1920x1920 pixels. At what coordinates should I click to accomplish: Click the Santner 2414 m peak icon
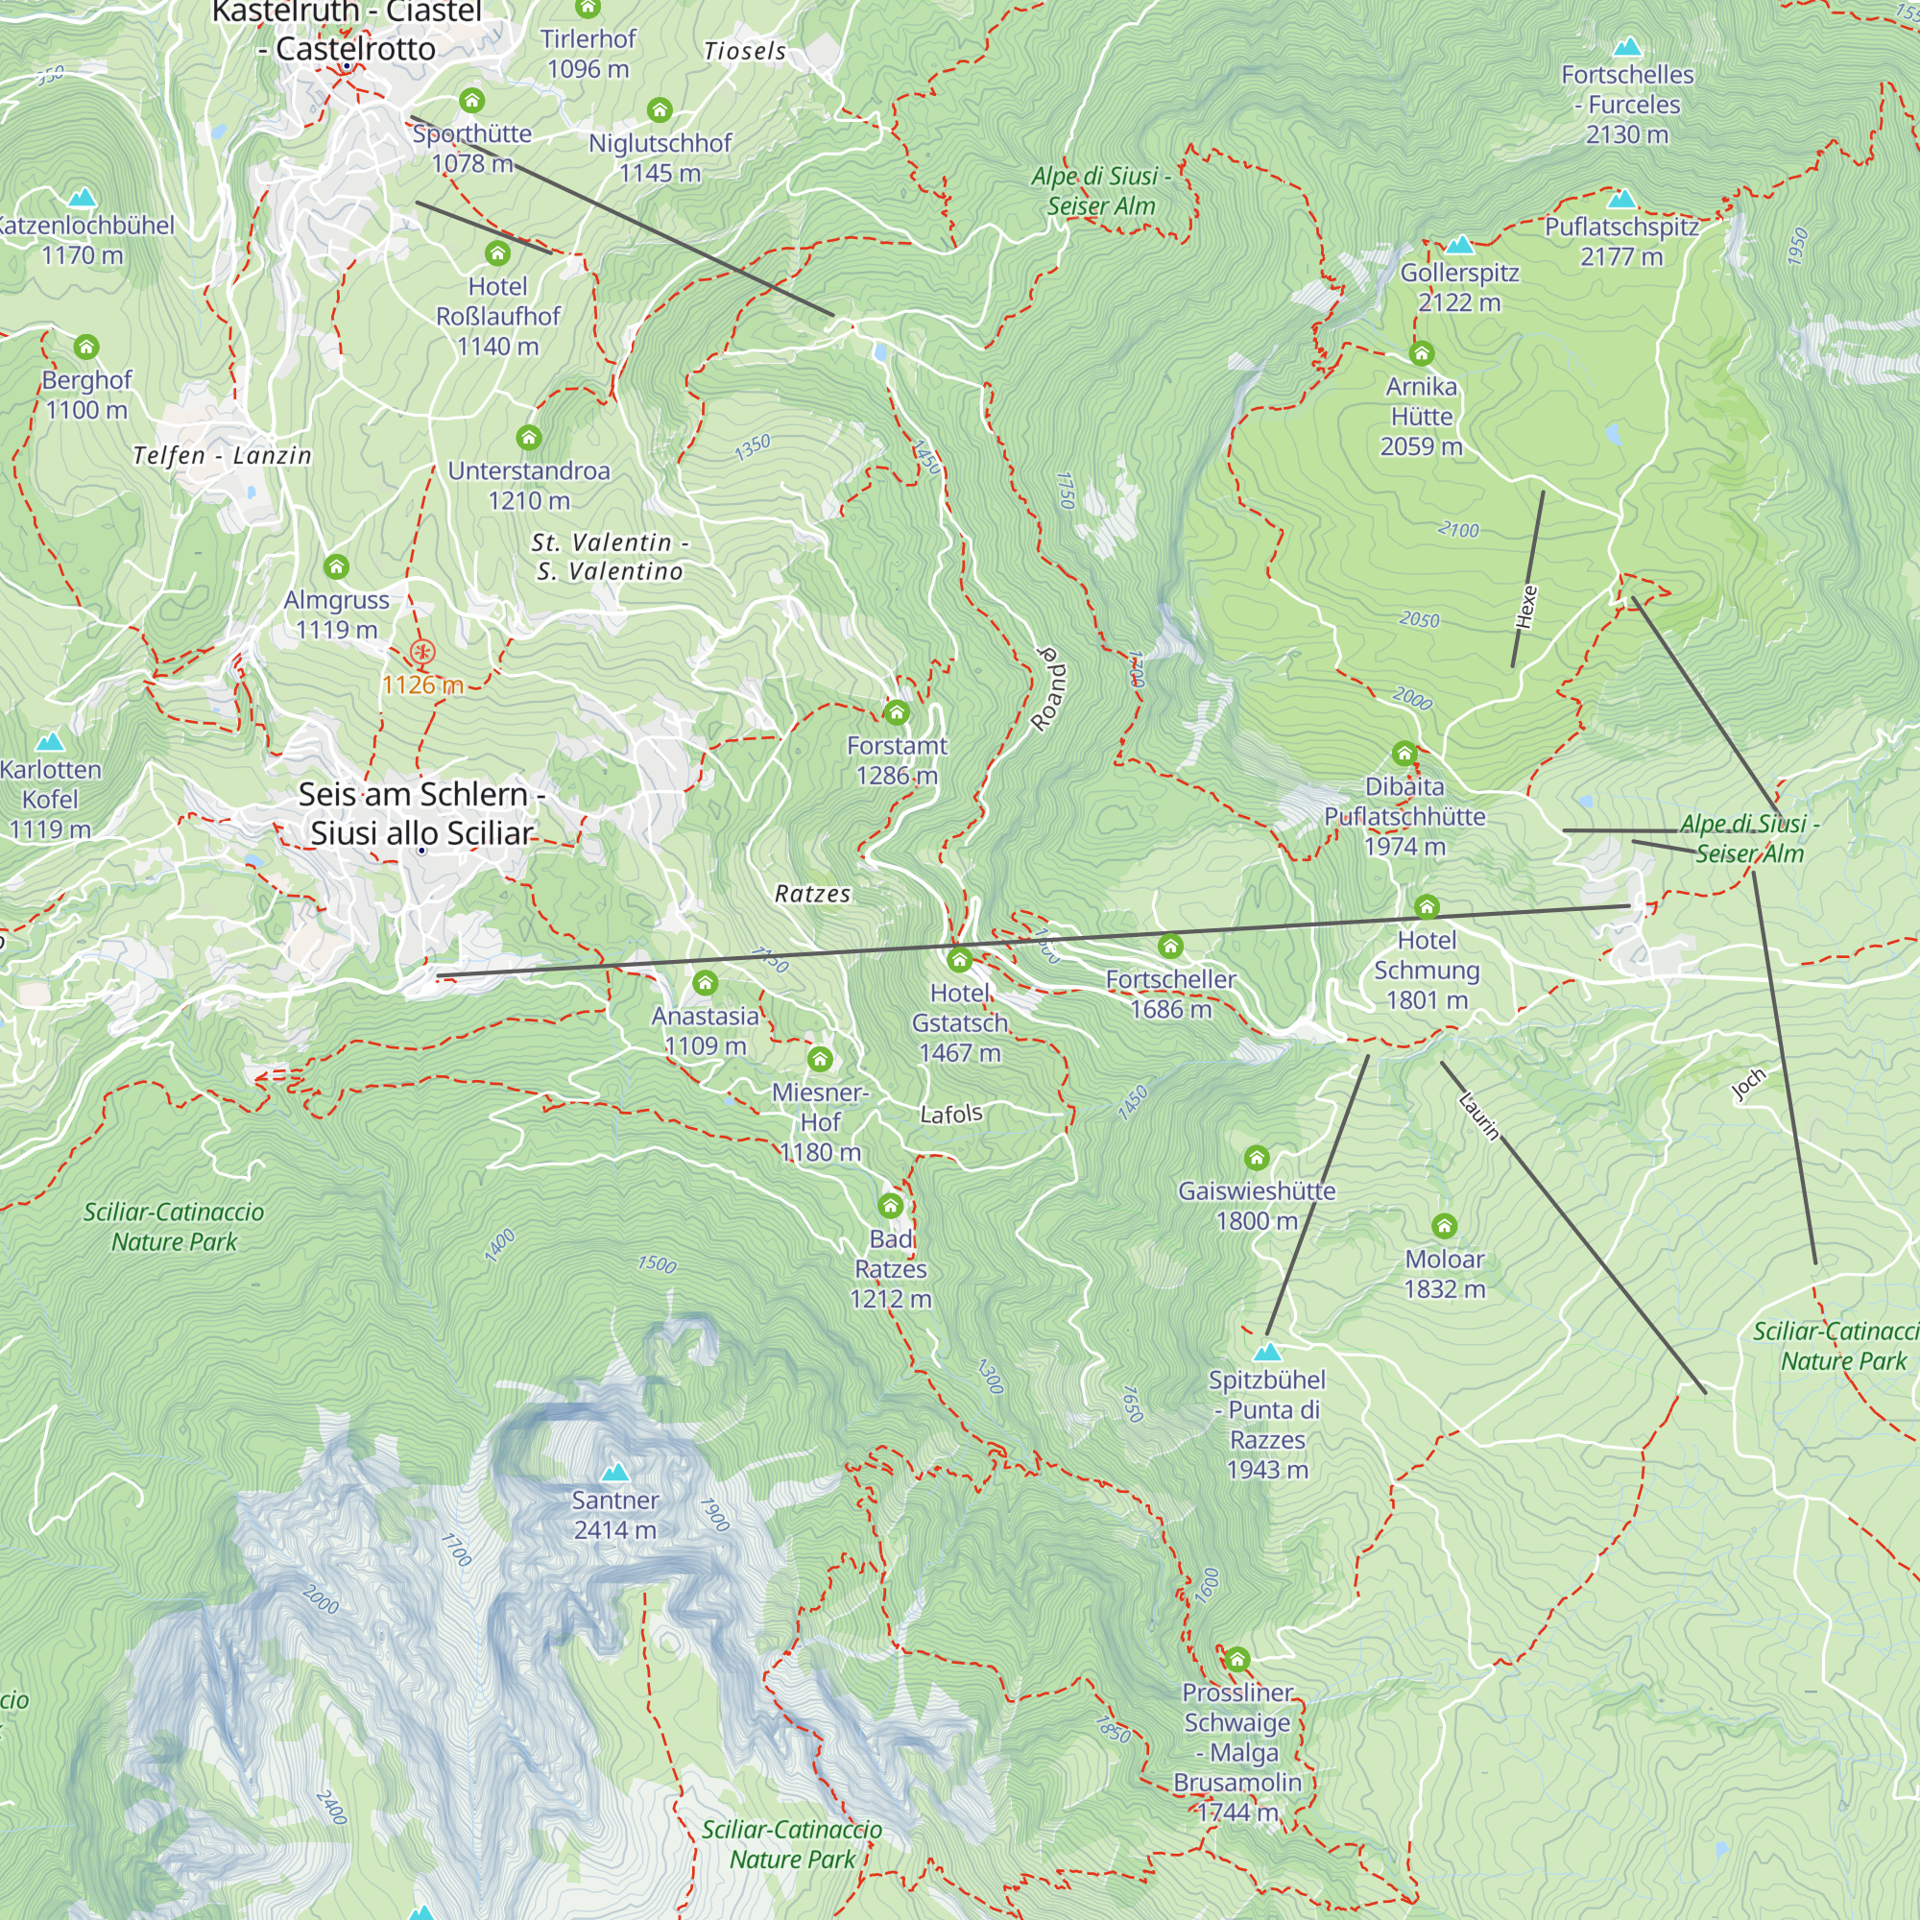[615, 1471]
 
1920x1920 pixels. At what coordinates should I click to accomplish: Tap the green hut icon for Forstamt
[897, 712]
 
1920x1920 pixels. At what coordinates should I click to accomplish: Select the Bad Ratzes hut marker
[891, 1206]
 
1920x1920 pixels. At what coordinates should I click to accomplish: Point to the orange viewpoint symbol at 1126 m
[422, 653]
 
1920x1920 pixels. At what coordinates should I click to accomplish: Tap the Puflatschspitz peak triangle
[1620, 199]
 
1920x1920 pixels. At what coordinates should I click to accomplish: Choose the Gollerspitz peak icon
[1459, 245]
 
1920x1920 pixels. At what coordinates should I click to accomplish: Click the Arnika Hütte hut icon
[1421, 354]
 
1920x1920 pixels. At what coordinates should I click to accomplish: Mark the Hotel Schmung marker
[1427, 906]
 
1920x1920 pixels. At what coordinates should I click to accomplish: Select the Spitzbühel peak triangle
[1267, 1352]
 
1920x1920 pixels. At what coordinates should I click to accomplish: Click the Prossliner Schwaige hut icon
[1236, 1659]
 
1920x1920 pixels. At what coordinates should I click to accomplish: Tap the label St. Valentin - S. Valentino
[611, 557]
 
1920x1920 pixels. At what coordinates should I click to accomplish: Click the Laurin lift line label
[1478, 1115]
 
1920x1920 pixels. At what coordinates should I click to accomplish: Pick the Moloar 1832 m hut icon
[1444, 1226]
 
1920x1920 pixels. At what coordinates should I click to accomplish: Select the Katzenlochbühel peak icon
[83, 198]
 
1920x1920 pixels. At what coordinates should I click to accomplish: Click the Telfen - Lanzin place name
[223, 456]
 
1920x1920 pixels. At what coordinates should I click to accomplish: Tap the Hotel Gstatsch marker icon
[959, 960]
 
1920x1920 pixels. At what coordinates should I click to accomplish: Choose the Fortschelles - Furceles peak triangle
[1627, 47]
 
